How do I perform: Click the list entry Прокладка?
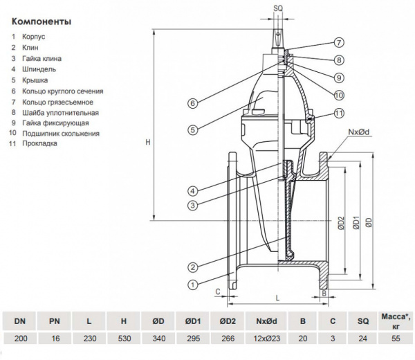pyautogui.click(x=40, y=143)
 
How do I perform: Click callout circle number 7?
pyautogui.click(x=340, y=42)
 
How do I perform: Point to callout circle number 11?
pyautogui.click(x=340, y=113)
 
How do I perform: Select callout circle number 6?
pyautogui.click(x=193, y=104)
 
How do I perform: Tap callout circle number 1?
pyautogui.click(x=193, y=284)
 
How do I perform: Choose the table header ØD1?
pyautogui.click(x=194, y=321)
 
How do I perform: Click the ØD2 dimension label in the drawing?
pyautogui.click(x=341, y=223)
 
